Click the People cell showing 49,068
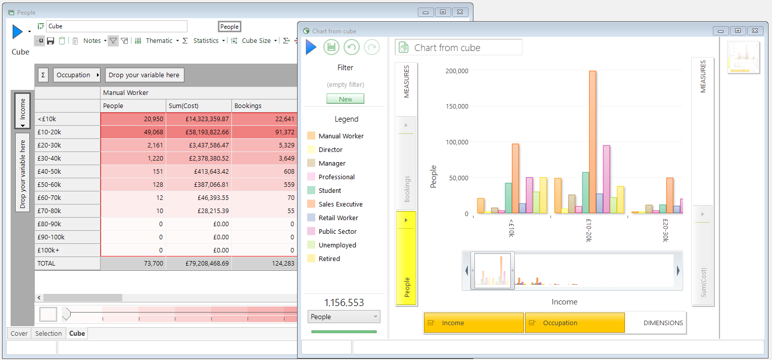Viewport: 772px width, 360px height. pyautogui.click(x=133, y=132)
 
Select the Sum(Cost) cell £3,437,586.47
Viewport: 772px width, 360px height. pyautogui.click(x=199, y=145)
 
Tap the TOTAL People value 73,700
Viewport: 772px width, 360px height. pyautogui.click(x=133, y=263)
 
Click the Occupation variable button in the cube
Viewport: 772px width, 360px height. pyautogui.click(x=76, y=75)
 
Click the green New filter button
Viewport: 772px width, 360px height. pyautogui.click(x=346, y=99)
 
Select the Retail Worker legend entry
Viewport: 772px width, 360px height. pyautogui.click(x=338, y=218)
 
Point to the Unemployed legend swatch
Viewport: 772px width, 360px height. pyautogui.click(x=311, y=245)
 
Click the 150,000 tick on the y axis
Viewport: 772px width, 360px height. pyautogui.click(x=457, y=106)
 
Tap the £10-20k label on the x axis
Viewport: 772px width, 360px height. pyautogui.click(x=589, y=230)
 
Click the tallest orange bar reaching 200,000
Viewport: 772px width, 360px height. pyautogui.click(x=593, y=142)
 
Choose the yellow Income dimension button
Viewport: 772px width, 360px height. pyautogui.click(x=473, y=323)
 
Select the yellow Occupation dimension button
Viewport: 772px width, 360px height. pyautogui.click(x=575, y=323)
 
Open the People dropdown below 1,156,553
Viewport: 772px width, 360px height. pyautogui.click(x=344, y=317)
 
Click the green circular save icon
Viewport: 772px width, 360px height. pyautogui.click(x=331, y=47)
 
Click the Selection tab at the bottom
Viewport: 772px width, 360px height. pyautogui.click(x=49, y=333)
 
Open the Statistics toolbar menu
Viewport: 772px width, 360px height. pyautogui.click(x=208, y=41)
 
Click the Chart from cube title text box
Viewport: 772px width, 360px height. pyautogui.click(x=458, y=47)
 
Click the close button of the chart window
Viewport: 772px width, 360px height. pyautogui.click(x=755, y=31)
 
